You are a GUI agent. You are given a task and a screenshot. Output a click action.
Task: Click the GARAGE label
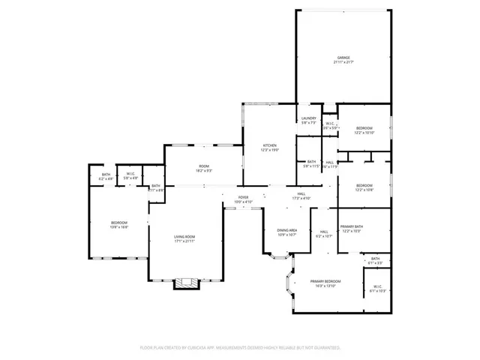click(x=343, y=57)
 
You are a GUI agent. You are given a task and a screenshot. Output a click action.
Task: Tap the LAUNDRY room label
click(x=309, y=118)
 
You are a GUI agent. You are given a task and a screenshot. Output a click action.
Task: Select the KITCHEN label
click(x=269, y=145)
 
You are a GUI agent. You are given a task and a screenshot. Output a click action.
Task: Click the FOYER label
click(x=244, y=196)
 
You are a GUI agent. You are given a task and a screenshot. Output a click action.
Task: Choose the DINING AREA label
click(x=287, y=230)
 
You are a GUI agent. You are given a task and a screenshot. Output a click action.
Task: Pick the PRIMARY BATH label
click(x=352, y=226)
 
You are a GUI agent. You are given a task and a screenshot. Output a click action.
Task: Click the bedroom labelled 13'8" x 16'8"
click(x=119, y=223)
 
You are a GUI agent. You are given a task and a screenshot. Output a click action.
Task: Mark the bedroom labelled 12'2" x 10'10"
click(x=364, y=128)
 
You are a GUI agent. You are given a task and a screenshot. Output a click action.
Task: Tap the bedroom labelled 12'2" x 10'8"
click(x=364, y=185)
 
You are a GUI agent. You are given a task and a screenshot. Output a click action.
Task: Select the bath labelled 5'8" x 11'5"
click(x=311, y=162)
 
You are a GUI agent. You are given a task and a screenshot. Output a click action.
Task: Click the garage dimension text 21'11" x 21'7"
click(x=343, y=62)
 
